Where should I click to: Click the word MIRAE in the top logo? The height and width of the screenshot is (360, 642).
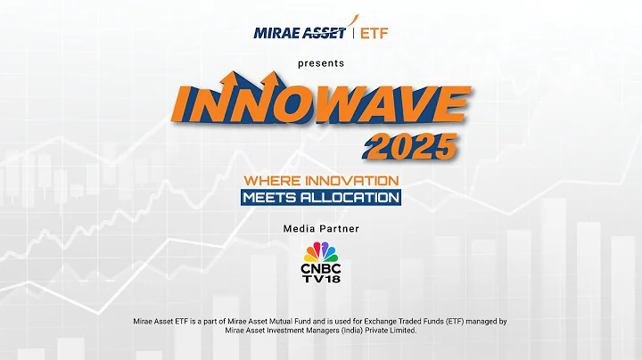(x=273, y=34)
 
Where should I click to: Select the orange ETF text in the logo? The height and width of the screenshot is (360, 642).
(x=374, y=34)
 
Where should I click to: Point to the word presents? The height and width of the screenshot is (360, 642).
(x=322, y=63)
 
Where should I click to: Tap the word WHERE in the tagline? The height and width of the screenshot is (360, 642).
(x=270, y=180)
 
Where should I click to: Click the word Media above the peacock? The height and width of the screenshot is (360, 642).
(x=300, y=228)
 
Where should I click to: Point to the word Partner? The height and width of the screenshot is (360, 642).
(x=341, y=228)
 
